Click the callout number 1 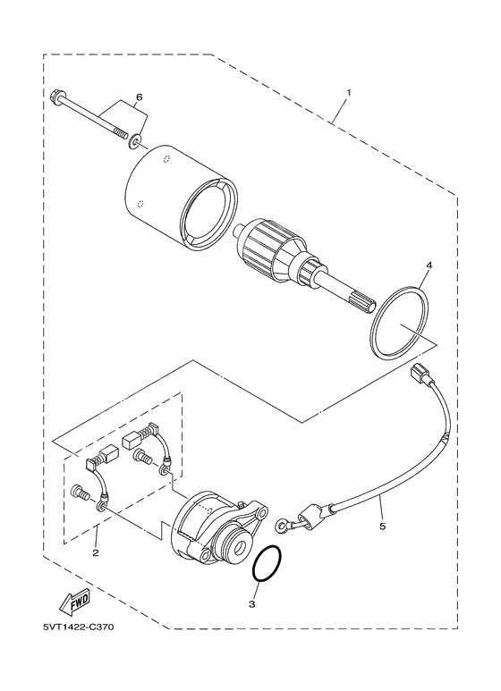coord(349,92)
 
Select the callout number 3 coord(252,604)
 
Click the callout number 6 coord(139,96)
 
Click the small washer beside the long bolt coord(134,141)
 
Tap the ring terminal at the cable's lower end coord(284,525)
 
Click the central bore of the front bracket coord(240,542)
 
